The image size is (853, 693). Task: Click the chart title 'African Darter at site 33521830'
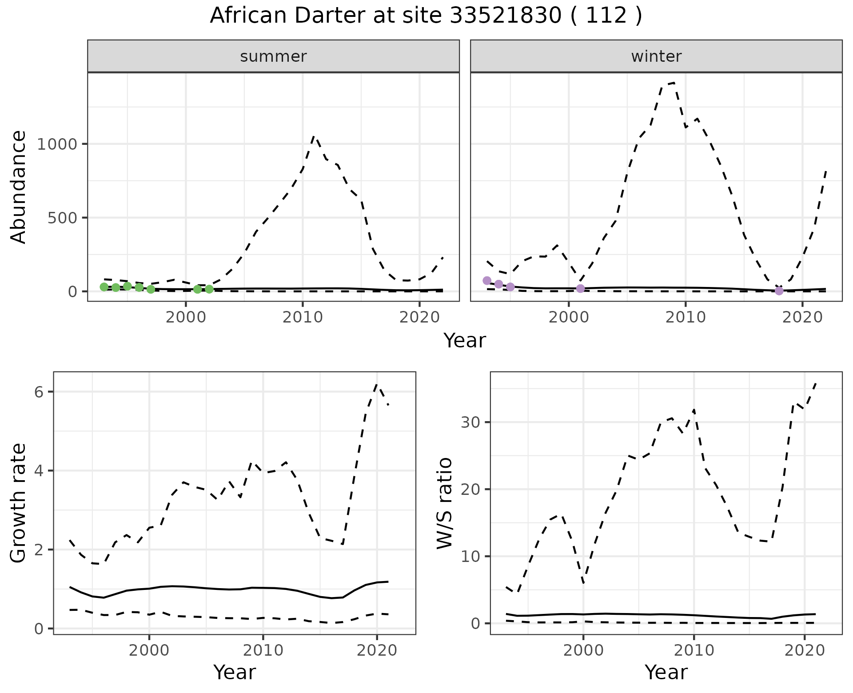coord(426,16)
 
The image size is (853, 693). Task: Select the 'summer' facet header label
coord(273,56)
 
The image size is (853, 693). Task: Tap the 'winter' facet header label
coord(656,56)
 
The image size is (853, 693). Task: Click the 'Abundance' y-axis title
coord(19,187)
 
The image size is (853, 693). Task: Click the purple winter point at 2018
coord(779,291)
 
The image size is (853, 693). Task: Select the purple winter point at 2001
coord(580,289)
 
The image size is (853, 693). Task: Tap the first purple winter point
coord(487,281)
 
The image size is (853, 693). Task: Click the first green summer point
coord(104,287)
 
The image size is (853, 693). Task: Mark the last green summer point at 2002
coord(209,289)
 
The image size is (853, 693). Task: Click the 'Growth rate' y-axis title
coord(19,503)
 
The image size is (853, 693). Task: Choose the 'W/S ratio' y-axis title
coord(444,503)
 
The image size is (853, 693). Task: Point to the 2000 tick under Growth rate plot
coord(149,651)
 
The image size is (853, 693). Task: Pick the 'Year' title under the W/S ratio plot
coord(666,673)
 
